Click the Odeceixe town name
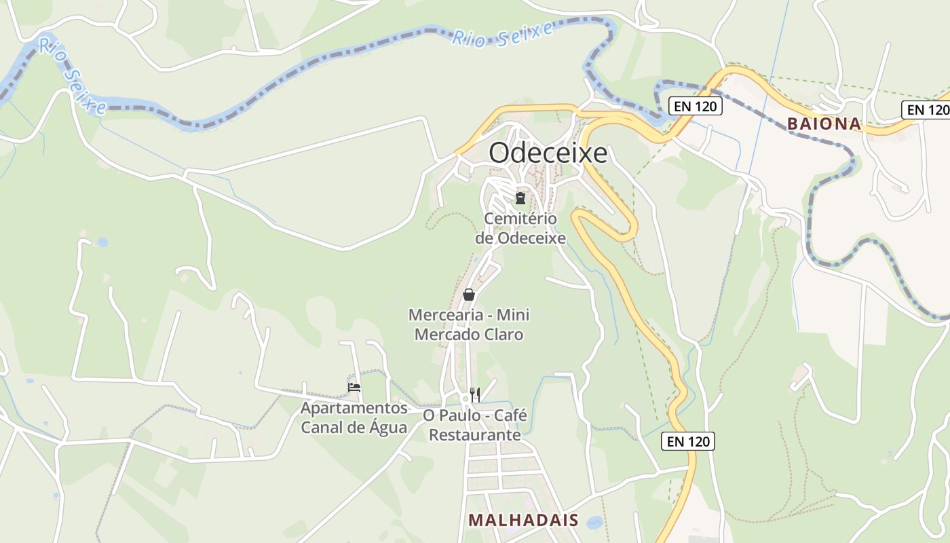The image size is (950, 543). click(x=548, y=153)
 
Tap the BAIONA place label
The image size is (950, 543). click(x=824, y=124)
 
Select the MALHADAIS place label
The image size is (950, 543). click(x=523, y=521)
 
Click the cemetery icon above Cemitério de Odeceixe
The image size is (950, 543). click(x=520, y=198)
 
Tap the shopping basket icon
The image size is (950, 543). click(x=468, y=295)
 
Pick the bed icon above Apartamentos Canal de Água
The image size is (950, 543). click(x=354, y=388)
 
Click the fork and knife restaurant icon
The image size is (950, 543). click(x=475, y=394)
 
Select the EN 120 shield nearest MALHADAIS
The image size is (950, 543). click(x=688, y=442)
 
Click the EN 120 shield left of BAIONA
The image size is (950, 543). click(x=695, y=106)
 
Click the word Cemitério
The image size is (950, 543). click(x=520, y=219)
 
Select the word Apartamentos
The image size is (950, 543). click(x=354, y=409)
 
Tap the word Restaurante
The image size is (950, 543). click(x=475, y=434)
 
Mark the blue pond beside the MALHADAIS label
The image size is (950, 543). click(x=594, y=522)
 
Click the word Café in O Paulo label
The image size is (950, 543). click(x=510, y=415)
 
